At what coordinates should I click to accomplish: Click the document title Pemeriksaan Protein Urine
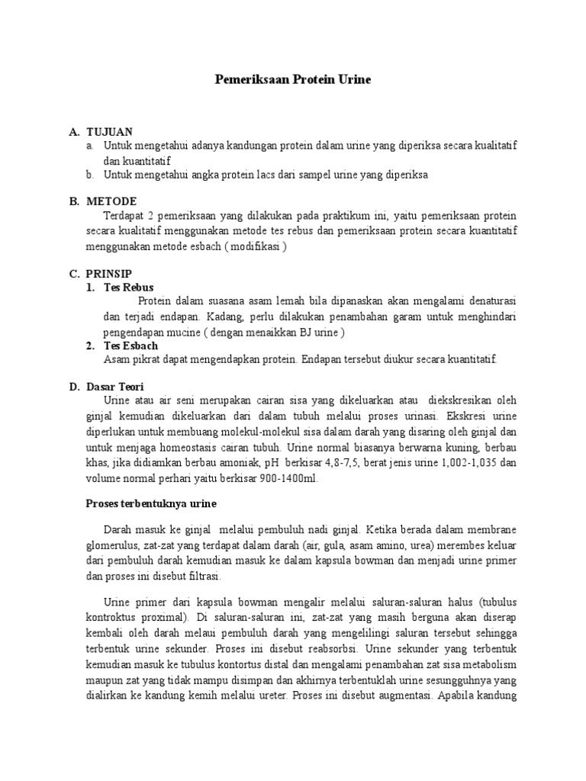pyautogui.click(x=292, y=80)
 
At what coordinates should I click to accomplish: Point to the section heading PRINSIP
pyautogui.click(x=111, y=273)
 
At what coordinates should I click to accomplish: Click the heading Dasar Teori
pyautogui.click(x=115, y=387)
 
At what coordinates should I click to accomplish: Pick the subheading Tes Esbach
pyautogui.click(x=131, y=346)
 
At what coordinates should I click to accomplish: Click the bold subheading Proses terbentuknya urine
pyautogui.click(x=150, y=503)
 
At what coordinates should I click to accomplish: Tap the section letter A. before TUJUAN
pyautogui.click(x=74, y=132)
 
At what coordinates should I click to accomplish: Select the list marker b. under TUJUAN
pyautogui.click(x=90, y=175)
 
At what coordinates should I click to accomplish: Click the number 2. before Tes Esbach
pyautogui.click(x=90, y=346)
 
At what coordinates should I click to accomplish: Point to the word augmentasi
pyautogui.click(x=402, y=696)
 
